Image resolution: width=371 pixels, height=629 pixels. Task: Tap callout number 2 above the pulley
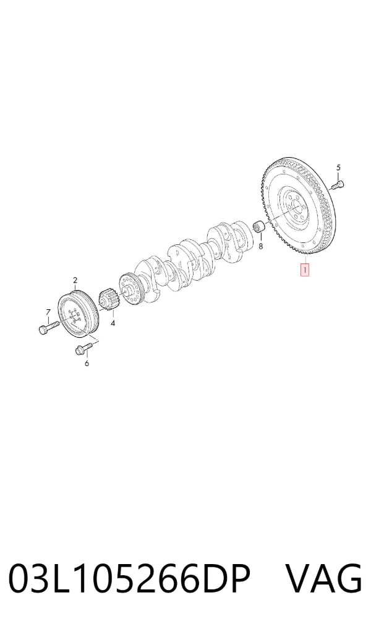click(x=75, y=280)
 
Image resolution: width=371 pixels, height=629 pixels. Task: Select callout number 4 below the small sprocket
click(x=113, y=323)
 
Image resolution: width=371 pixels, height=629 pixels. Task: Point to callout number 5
click(x=338, y=168)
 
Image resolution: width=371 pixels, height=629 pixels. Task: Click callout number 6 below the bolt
click(x=87, y=364)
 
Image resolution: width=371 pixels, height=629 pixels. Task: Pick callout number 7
click(x=48, y=312)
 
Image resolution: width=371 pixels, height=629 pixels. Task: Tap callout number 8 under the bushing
click(x=261, y=246)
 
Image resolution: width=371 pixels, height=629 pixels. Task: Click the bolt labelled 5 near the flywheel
click(x=338, y=186)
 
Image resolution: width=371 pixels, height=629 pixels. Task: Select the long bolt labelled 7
click(x=49, y=327)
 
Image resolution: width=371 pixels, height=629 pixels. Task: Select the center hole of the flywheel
click(x=297, y=208)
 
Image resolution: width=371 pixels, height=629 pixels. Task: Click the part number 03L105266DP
click(x=129, y=578)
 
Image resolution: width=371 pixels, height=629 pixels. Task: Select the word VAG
click(x=323, y=578)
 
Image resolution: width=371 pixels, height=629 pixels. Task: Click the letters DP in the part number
click(x=226, y=578)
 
